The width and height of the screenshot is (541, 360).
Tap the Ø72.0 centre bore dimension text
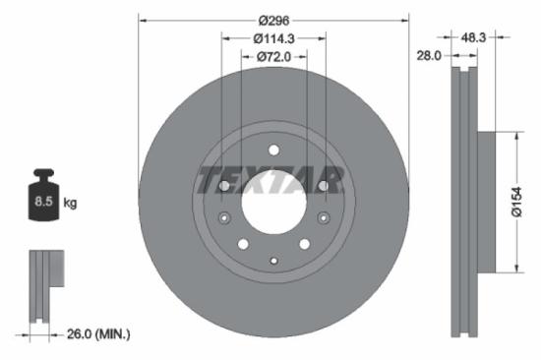274,56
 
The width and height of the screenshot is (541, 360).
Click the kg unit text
70,203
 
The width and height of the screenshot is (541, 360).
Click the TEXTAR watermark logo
271,181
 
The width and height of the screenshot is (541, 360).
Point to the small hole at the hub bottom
273,260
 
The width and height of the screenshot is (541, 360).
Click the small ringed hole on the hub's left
225,218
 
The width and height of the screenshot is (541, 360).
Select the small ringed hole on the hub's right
322,218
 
